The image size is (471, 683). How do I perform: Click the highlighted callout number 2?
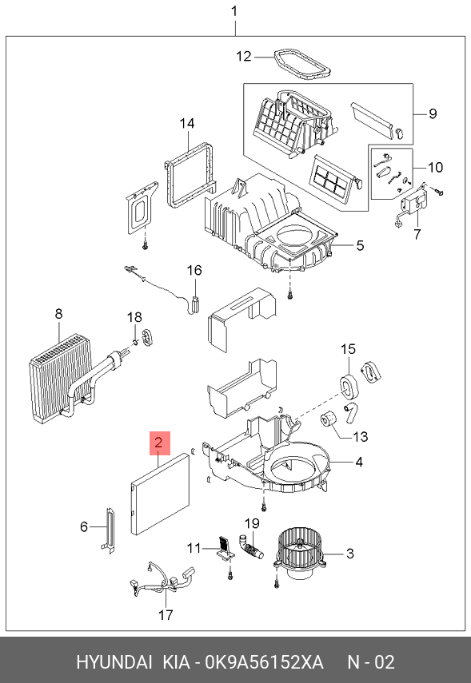click(159, 443)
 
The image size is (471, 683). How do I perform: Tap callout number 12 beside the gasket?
click(244, 56)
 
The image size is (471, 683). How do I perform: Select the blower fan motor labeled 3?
click(299, 554)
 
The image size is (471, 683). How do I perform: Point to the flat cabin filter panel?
click(160, 494)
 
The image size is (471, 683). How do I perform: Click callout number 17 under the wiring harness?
click(166, 614)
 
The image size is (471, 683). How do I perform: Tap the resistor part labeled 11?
click(226, 547)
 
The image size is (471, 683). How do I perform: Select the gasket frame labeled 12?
click(301, 65)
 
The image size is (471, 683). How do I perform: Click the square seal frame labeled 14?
click(190, 173)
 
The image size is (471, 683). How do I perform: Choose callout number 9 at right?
click(432, 113)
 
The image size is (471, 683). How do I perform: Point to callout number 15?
click(348, 349)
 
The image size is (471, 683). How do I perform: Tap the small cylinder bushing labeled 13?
click(329, 419)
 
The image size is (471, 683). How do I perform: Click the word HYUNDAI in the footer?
click(114, 662)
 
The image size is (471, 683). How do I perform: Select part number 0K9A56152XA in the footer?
click(264, 662)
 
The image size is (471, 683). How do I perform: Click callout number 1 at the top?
click(234, 11)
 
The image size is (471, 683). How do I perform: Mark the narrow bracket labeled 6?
click(109, 531)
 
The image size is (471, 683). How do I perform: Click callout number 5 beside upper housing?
click(360, 245)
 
